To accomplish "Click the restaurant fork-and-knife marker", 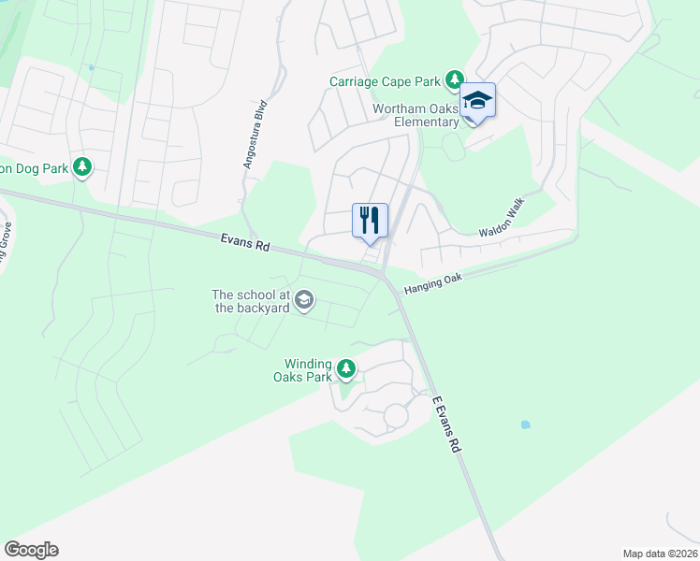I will pyautogui.click(x=370, y=221).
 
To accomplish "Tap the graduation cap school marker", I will pyautogui.click(x=477, y=101).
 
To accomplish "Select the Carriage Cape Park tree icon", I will pyautogui.click(x=455, y=80).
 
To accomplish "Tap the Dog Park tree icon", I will pyautogui.click(x=83, y=167).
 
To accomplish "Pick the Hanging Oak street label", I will pyautogui.click(x=434, y=285).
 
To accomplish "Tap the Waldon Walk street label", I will pyautogui.click(x=504, y=223).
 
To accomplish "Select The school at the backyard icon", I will pyautogui.click(x=302, y=300).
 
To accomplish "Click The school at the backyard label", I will pyautogui.click(x=250, y=301).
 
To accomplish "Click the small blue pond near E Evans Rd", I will pyautogui.click(x=524, y=424).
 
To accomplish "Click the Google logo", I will pyautogui.click(x=31, y=549).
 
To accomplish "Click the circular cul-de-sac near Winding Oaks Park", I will pyautogui.click(x=396, y=414).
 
